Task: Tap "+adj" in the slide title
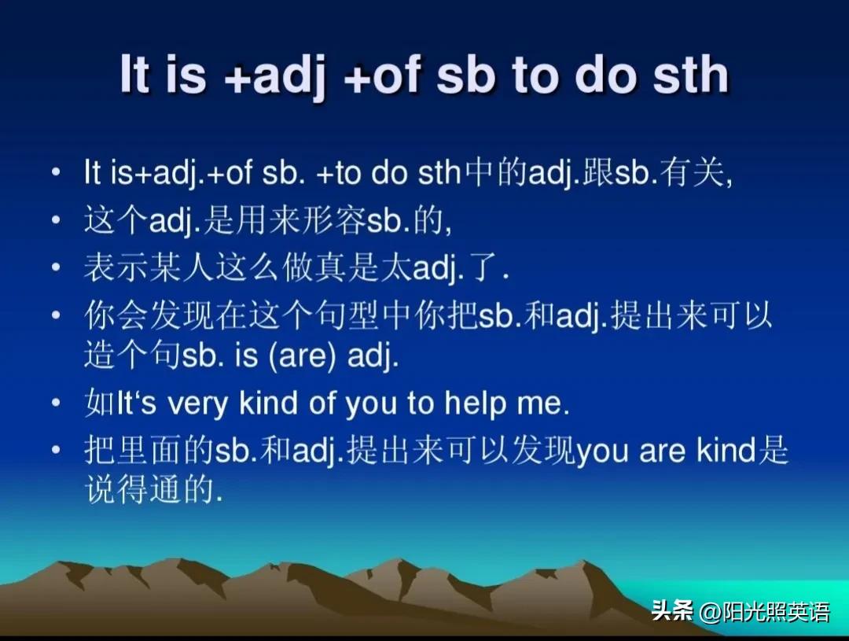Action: [x=274, y=78]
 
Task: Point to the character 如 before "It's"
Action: [x=100, y=403]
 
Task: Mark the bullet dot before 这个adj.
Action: [x=56, y=220]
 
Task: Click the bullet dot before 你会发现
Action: [x=56, y=315]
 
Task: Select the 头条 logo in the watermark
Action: [x=672, y=611]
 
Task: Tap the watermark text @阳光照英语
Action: [x=765, y=612]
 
